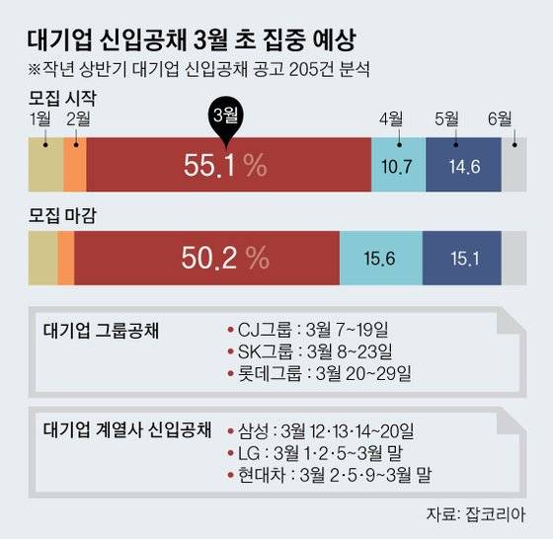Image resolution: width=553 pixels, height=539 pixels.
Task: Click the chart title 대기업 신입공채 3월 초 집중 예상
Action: (187, 40)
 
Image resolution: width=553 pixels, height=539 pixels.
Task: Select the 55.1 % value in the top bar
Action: (225, 166)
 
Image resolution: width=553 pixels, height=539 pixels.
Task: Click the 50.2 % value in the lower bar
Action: (224, 258)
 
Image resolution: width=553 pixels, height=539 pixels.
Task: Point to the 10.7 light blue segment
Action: (397, 166)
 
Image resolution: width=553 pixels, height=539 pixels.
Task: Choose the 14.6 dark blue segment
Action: (464, 166)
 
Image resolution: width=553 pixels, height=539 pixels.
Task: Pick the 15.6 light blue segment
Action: (380, 259)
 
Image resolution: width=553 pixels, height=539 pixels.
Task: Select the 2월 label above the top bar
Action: (77, 120)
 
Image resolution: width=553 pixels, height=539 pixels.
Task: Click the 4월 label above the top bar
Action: (391, 120)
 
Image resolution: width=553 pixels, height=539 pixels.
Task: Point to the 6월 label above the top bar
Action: (499, 120)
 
